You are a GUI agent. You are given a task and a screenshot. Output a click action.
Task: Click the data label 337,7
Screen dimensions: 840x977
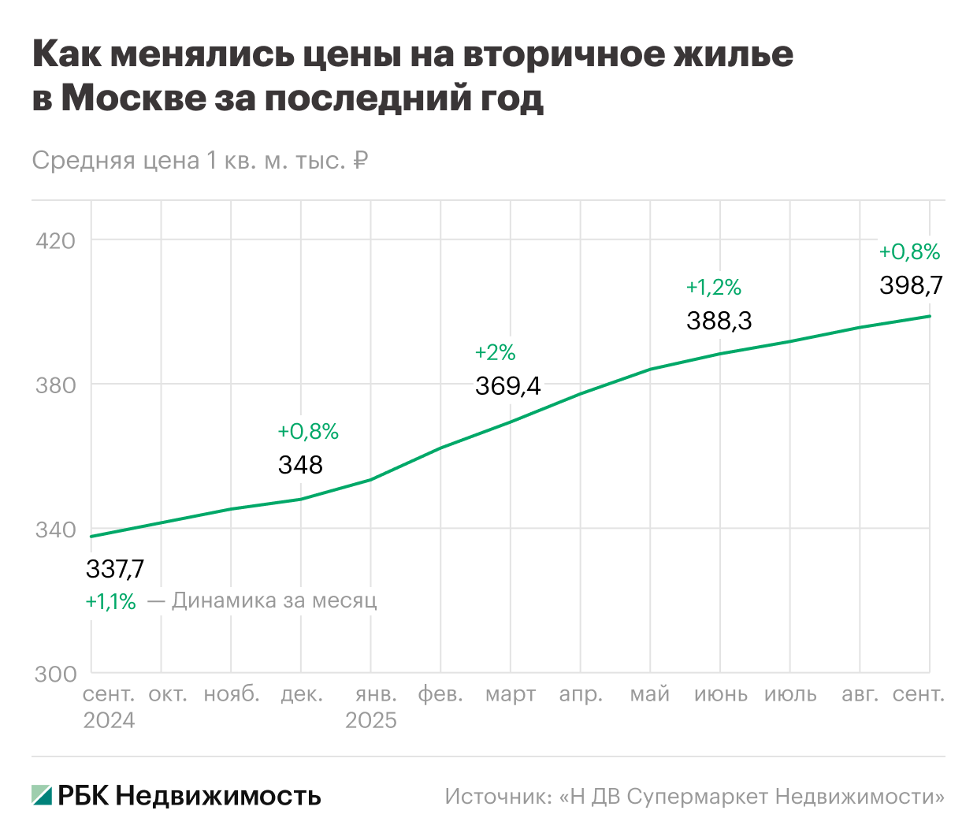[115, 569]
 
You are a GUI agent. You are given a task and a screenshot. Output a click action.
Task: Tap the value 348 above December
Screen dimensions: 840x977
[300, 465]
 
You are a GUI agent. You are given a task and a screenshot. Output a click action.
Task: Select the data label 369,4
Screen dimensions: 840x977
[507, 386]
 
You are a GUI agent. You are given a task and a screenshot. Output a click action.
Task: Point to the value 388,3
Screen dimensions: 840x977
[719, 321]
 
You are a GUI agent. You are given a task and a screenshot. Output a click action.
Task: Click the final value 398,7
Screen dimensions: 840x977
[911, 285]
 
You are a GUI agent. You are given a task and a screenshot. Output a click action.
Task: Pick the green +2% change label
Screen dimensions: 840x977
[495, 352]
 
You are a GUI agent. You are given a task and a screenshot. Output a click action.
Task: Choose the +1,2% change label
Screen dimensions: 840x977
[713, 288]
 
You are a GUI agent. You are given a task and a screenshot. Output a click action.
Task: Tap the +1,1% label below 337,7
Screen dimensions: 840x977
[110, 602]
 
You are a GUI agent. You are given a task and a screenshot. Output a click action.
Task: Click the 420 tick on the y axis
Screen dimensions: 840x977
[56, 241]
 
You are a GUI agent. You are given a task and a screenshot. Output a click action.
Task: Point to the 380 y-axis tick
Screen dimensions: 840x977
[56, 385]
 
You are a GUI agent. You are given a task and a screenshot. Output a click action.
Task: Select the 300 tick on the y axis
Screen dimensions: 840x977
[56, 675]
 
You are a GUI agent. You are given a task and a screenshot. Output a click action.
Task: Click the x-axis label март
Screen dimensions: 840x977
[511, 695]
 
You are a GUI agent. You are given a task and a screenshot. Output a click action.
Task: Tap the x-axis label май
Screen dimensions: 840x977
[650, 695]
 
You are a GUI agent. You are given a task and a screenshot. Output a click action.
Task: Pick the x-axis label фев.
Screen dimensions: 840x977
[440, 695]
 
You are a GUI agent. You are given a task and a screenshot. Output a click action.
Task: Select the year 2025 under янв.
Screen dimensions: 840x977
[371, 721]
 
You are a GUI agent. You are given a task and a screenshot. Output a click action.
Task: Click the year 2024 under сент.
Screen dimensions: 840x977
[109, 721]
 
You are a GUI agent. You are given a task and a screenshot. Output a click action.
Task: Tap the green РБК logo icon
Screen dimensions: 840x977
[42, 795]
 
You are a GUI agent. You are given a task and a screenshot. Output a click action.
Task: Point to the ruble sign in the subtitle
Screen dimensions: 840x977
[360, 161]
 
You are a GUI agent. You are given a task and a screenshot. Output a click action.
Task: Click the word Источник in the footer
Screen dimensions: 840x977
[496, 797]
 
